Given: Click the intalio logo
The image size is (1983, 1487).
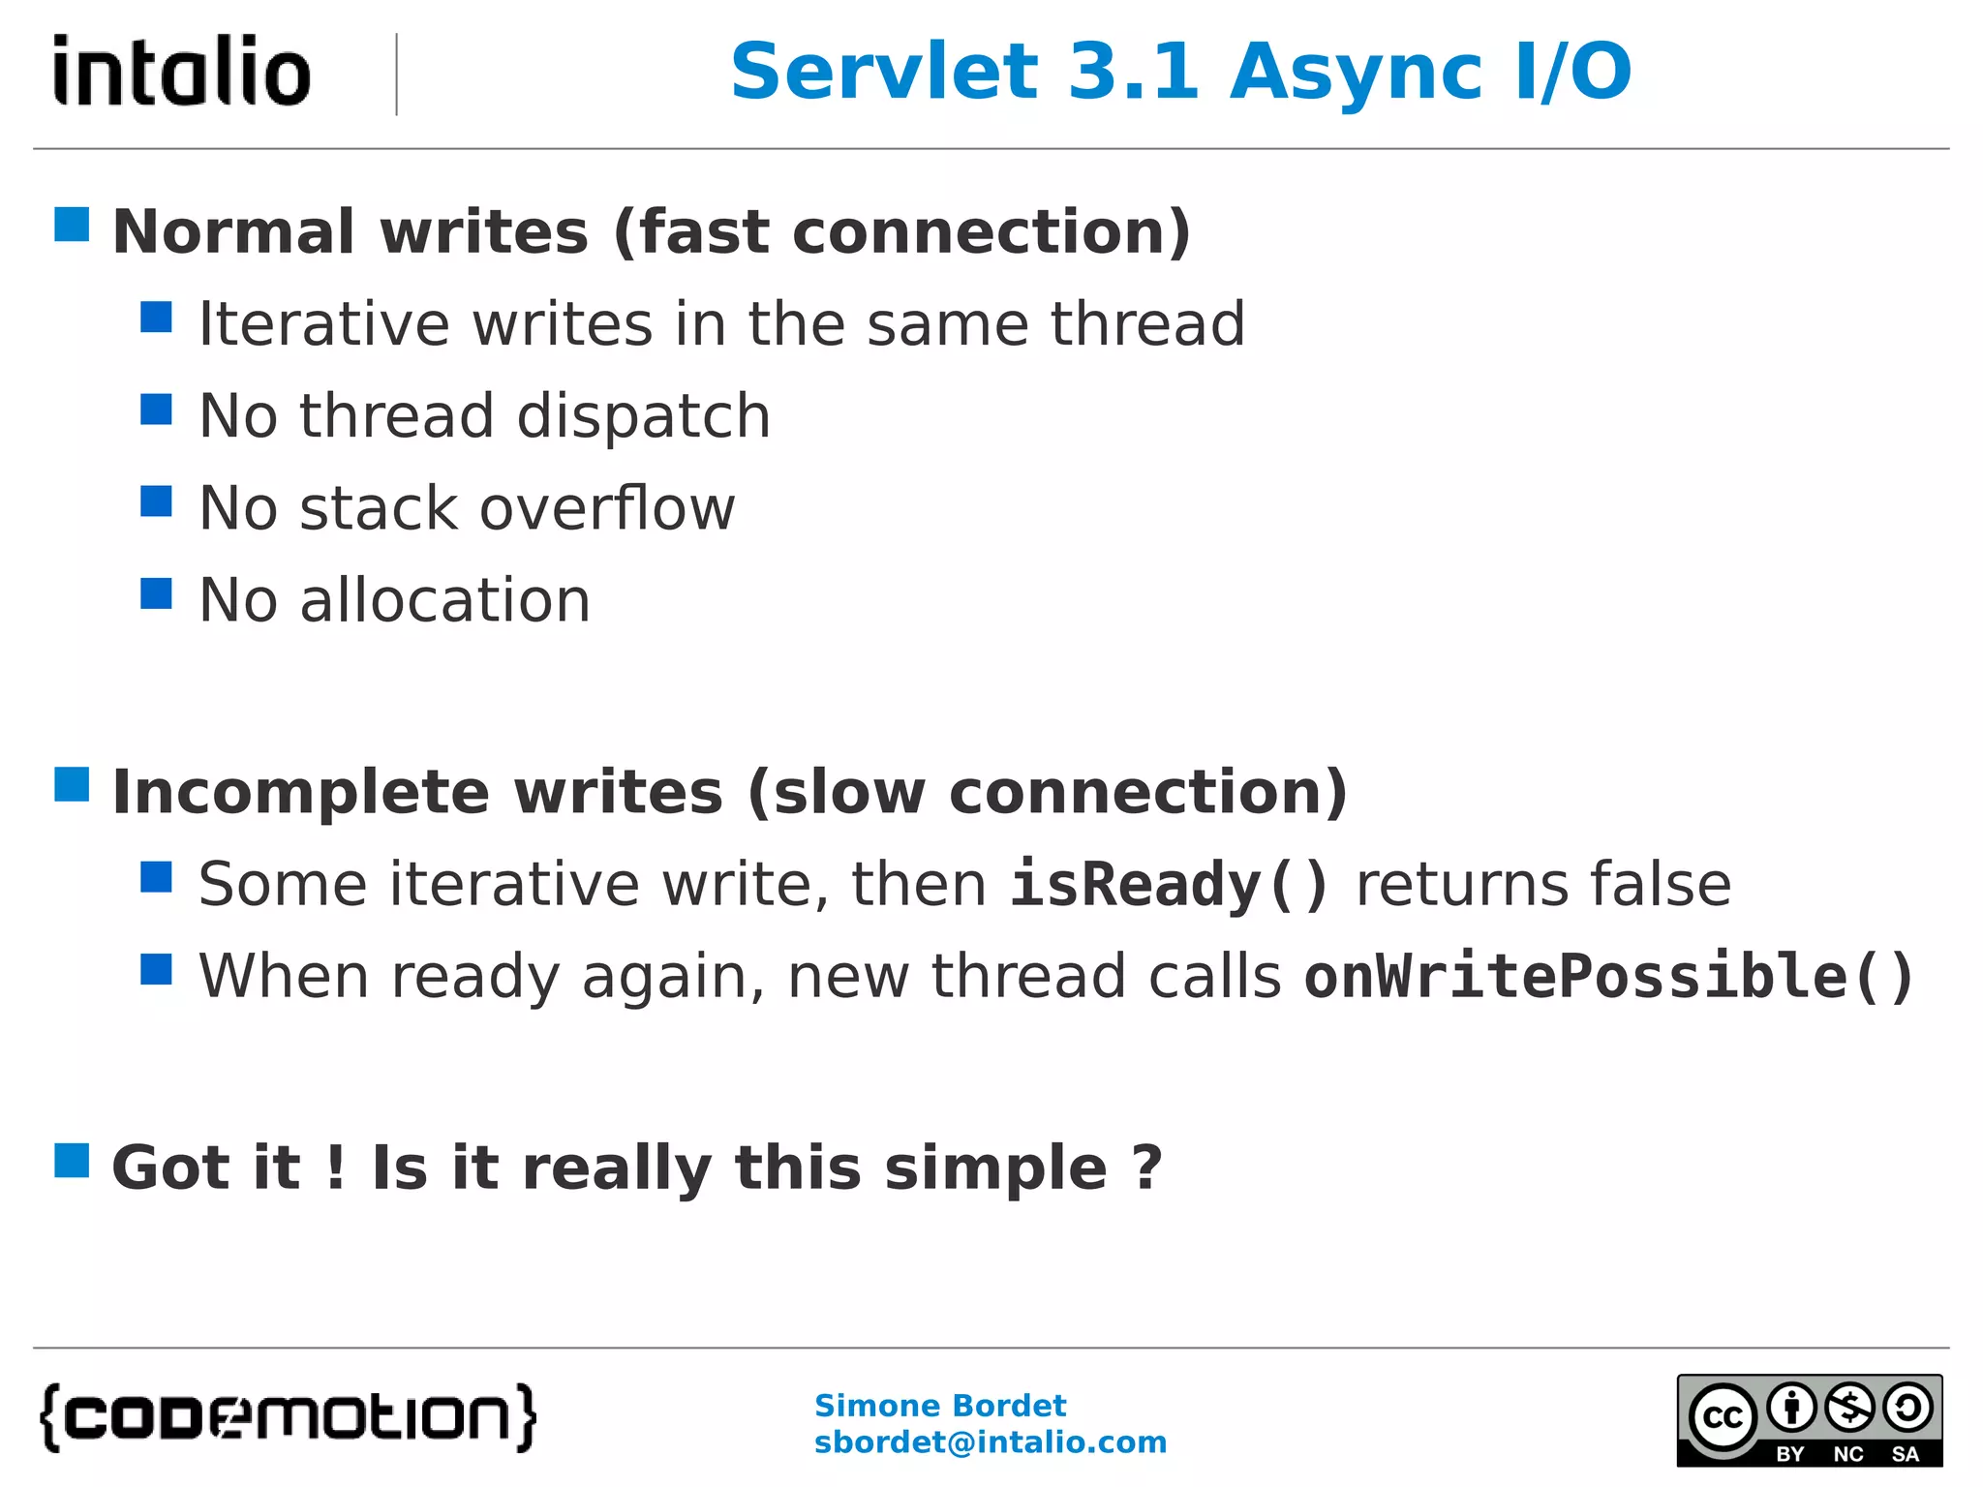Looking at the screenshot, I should click(182, 71).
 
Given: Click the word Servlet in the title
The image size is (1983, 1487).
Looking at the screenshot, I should click(884, 73).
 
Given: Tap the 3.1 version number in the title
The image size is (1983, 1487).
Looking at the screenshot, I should click(1134, 73).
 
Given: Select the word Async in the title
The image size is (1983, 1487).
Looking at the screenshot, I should click(1357, 73).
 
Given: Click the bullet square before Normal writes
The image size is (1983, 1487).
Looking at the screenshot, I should click(72, 225).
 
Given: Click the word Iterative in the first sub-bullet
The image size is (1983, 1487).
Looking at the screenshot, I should click(323, 323).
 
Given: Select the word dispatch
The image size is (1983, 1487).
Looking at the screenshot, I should click(643, 416).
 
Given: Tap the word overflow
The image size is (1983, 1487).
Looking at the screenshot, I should click(607, 508).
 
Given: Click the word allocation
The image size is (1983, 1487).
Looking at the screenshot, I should click(444, 600).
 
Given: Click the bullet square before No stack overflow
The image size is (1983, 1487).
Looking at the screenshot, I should click(156, 501).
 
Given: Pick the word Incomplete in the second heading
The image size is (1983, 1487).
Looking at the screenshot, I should click(301, 793).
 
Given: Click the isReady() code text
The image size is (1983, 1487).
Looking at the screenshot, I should click(1169, 884).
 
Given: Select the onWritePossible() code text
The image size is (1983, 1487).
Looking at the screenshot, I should click(1608, 976).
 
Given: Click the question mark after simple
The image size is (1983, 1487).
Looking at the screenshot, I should click(1146, 1168).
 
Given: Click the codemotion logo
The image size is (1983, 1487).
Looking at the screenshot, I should click(289, 1417).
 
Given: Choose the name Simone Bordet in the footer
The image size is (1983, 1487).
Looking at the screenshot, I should click(939, 1405).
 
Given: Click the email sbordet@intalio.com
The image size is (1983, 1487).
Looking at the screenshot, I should click(990, 1442).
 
